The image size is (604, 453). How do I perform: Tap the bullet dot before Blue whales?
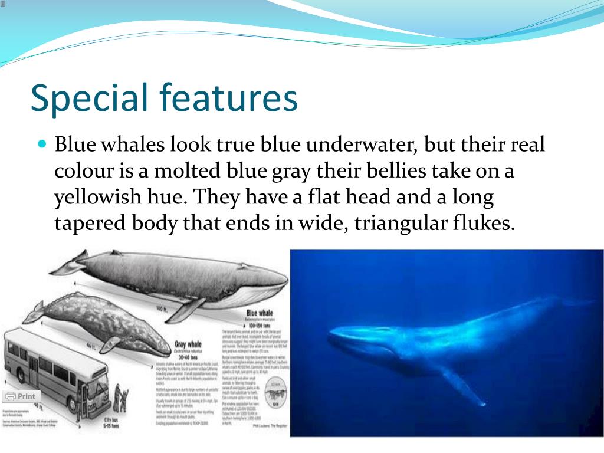(42, 143)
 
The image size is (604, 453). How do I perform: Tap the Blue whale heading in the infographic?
(260, 313)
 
